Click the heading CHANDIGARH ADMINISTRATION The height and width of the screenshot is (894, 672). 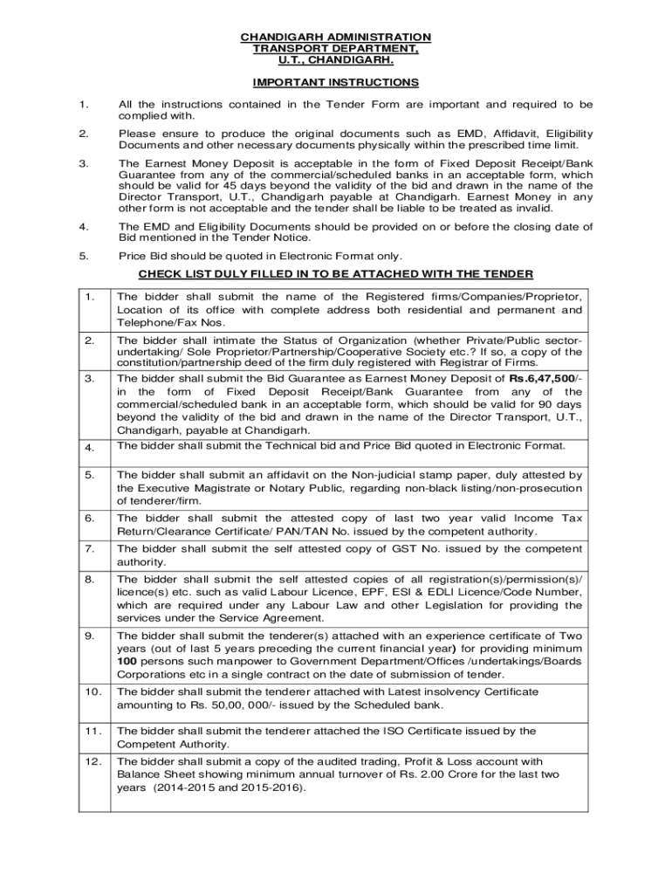[336, 37]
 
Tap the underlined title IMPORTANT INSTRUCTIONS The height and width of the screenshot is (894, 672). [336, 83]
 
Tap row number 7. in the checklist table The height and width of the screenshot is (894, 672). [91, 548]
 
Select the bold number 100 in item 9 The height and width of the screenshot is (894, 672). [127, 662]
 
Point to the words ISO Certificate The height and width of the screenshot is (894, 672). [427, 731]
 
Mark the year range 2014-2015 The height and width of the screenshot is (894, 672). [180, 787]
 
